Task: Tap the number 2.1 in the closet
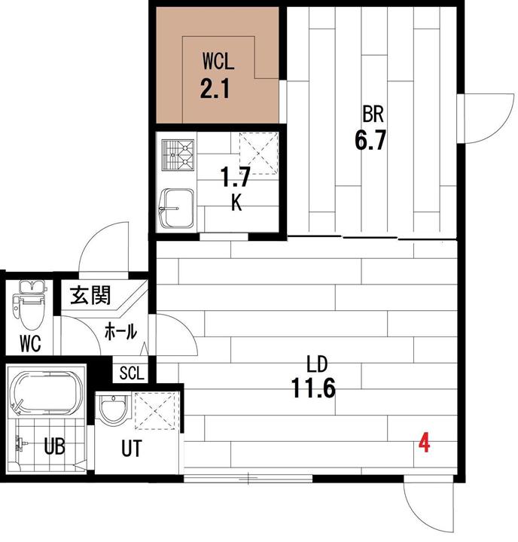pyautogui.click(x=215, y=89)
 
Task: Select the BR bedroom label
pyautogui.click(x=373, y=114)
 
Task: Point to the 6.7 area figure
pyautogui.click(x=370, y=140)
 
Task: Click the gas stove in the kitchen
pyautogui.click(x=178, y=155)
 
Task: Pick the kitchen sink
pyautogui.click(x=176, y=208)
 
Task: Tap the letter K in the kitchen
pyautogui.click(x=236, y=202)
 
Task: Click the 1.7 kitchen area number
pyautogui.click(x=235, y=177)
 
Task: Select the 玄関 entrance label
pyautogui.click(x=90, y=295)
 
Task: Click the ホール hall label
pyautogui.click(x=120, y=331)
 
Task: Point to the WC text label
pyautogui.click(x=30, y=343)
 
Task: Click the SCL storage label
pyautogui.click(x=132, y=373)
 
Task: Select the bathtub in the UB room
pyautogui.click(x=46, y=393)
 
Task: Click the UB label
pyautogui.click(x=55, y=446)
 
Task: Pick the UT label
pyautogui.click(x=132, y=449)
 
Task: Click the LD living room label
pyautogui.click(x=317, y=364)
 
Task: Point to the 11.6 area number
pyautogui.click(x=313, y=388)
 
